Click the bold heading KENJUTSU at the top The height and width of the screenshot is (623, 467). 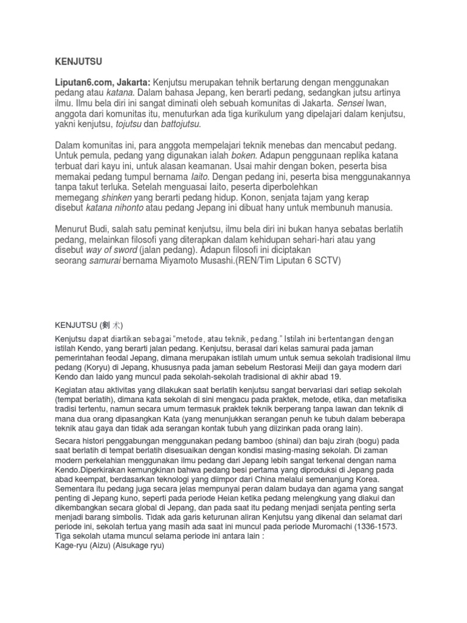click(x=77, y=61)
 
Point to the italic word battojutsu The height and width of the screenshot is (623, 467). click(x=179, y=125)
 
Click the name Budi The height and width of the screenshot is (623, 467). click(x=102, y=229)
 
